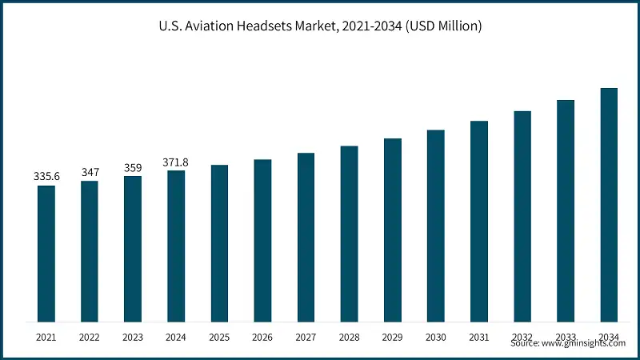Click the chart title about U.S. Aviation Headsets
pos(320,26)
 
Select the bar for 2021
pos(46,254)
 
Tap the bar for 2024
pos(176,246)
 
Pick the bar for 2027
pos(306,238)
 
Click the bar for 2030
pos(435,226)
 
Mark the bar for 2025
pos(219,243)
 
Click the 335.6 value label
pos(46,175)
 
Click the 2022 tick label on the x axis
pos(90,338)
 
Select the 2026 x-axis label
pos(262,338)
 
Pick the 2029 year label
pos(392,338)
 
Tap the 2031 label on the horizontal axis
pos(478,338)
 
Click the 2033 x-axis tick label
pos(566,337)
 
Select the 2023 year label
pos(133,338)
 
